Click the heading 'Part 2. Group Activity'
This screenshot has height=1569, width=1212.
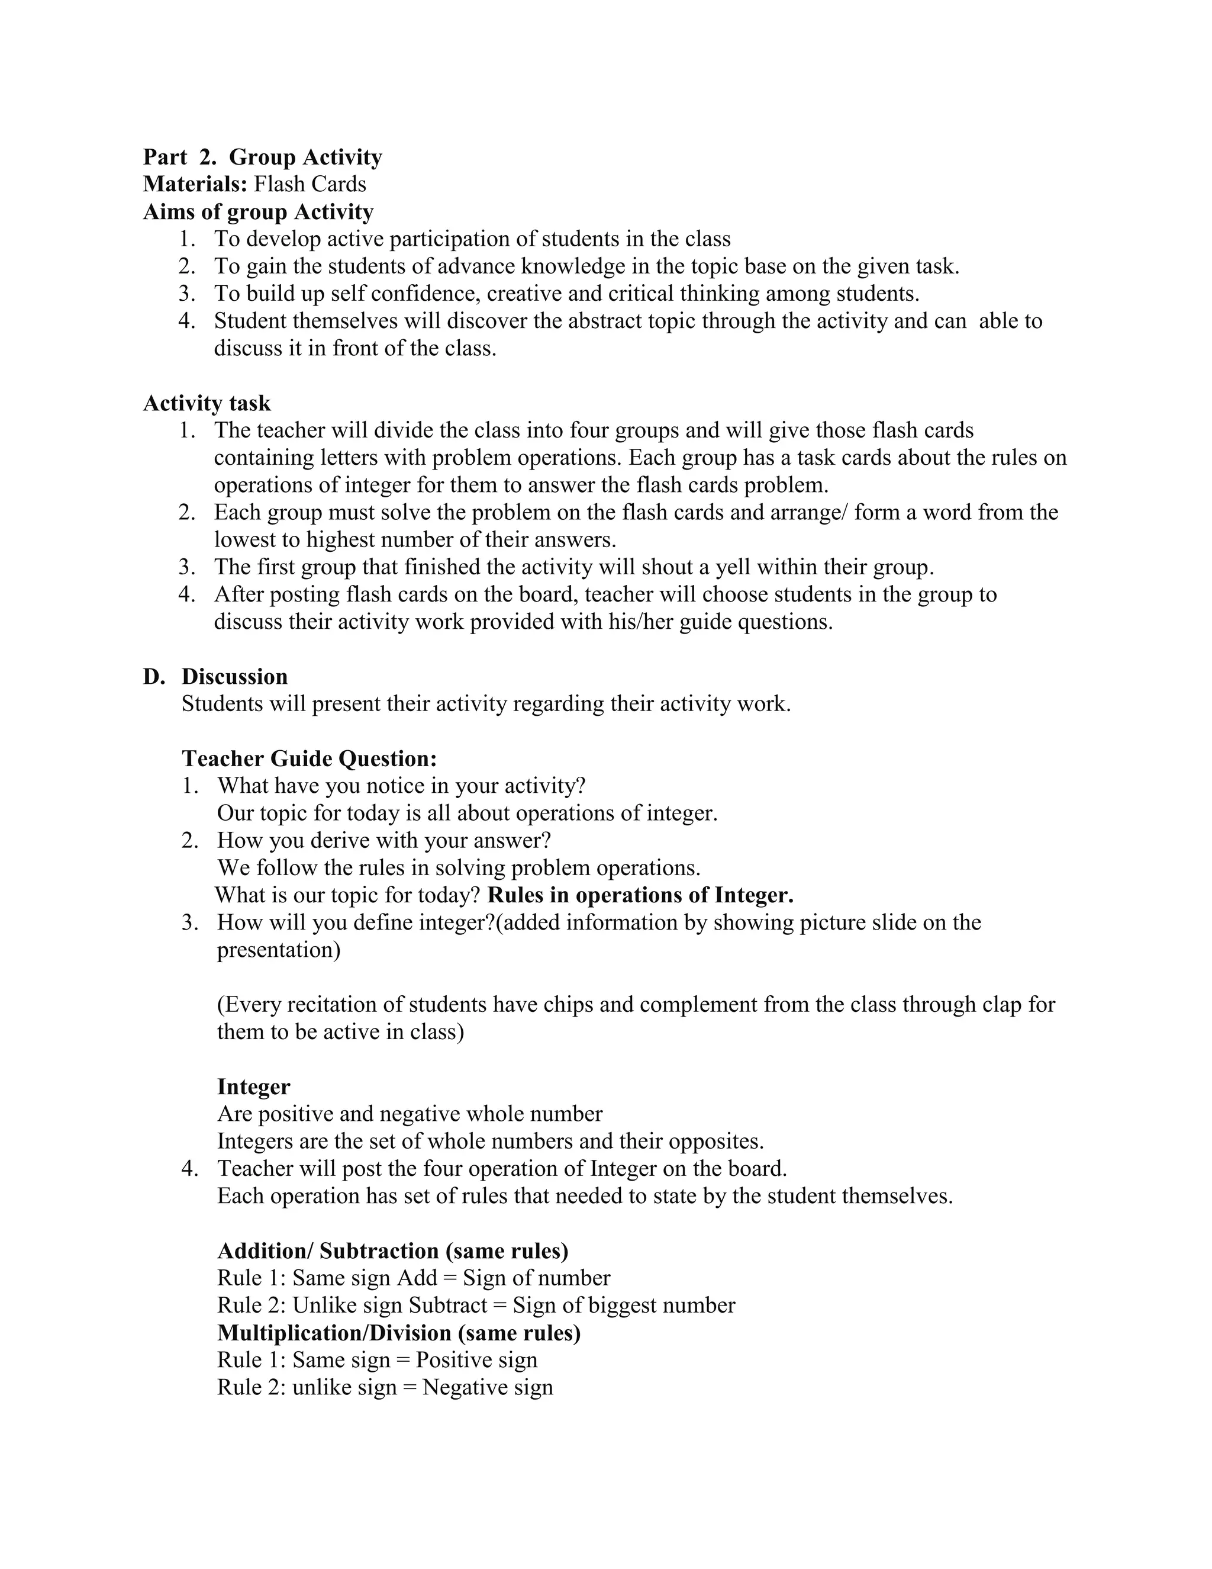(262, 157)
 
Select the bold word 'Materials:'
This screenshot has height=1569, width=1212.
(195, 185)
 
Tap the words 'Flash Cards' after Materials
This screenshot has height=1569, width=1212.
(310, 185)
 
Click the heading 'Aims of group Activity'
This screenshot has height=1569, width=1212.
(258, 212)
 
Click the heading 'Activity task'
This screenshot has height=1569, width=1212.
(207, 403)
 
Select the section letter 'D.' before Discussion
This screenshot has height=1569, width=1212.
(154, 677)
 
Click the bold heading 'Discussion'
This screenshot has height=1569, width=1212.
(234, 677)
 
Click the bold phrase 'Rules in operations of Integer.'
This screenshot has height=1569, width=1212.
(640, 895)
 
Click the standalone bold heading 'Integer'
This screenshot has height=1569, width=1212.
(253, 1087)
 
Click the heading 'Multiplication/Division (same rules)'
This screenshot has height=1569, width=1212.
(398, 1333)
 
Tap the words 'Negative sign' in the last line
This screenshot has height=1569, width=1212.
(488, 1387)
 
